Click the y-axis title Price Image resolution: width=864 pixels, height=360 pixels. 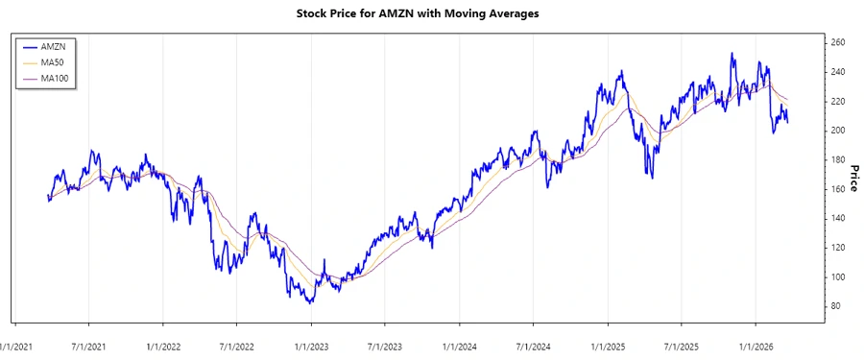pos(852,178)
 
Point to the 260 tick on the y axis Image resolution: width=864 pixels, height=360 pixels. pos(837,43)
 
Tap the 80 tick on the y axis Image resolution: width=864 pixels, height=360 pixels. pos(835,306)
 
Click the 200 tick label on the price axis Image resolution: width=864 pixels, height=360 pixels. pos(837,131)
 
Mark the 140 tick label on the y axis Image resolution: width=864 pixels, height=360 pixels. pos(837,219)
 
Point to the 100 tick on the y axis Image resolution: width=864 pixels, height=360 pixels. pos(837,277)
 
